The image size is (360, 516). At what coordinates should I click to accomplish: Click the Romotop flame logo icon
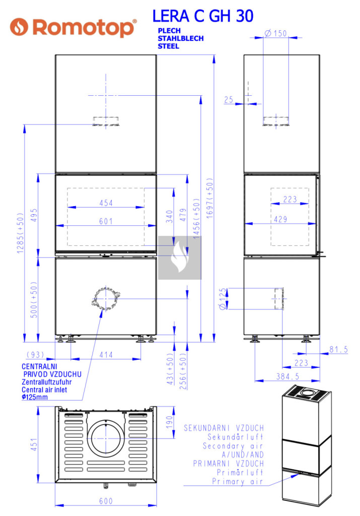[x=19, y=27]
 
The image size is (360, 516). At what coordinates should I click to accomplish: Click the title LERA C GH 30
[x=203, y=16]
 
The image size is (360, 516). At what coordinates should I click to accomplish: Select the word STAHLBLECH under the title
[x=180, y=38]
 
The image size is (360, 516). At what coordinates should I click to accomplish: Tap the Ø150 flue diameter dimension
[x=275, y=33]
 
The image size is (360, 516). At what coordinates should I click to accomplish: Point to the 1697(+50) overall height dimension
[x=210, y=198]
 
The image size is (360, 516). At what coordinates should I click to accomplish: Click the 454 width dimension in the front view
[x=106, y=203]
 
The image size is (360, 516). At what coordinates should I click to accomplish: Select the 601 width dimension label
[x=106, y=221]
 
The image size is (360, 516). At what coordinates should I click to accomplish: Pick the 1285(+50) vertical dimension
[x=20, y=233]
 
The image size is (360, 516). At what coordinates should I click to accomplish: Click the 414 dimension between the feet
[x=106, y=355]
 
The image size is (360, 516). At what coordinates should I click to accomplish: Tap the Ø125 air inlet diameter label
[x=223, y=299]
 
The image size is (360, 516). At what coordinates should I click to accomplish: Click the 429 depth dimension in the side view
[x=280, y=219]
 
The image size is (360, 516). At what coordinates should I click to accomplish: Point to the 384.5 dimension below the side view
[x=287, y=376]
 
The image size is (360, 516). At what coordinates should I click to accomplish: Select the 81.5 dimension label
[x=339, y=350]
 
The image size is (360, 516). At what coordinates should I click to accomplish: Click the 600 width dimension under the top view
[x=106, y=501]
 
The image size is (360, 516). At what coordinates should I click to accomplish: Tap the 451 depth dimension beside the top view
[x=34, y=444]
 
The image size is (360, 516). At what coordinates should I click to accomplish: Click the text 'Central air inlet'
[x=44, y=390]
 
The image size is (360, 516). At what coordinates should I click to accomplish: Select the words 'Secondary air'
[x=233, y=446]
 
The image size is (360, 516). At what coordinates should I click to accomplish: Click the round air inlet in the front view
[x=106, y=298]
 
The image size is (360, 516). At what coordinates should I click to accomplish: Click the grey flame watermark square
[x=180, y=257]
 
